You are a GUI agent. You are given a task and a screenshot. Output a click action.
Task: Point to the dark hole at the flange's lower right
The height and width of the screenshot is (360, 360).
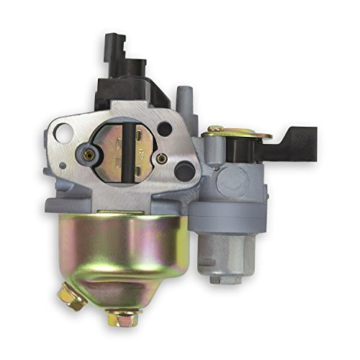[x=186, y=171]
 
